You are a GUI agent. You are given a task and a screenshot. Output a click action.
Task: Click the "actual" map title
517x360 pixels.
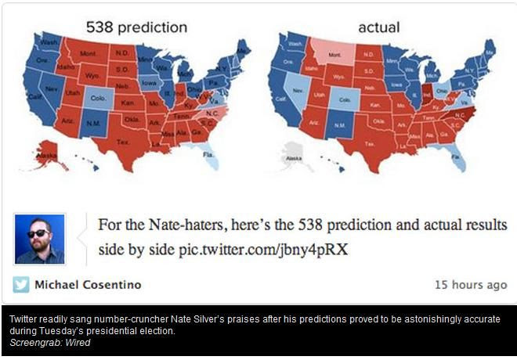coord(378,27)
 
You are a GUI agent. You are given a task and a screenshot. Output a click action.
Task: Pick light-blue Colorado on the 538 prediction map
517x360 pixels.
coord(99,101)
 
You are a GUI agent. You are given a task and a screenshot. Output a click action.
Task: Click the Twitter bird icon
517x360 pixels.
coord(21,285)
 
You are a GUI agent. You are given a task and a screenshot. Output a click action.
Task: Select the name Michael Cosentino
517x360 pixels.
coord(88,285)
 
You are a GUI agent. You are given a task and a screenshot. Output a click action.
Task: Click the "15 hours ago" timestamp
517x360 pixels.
coord(471,285)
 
